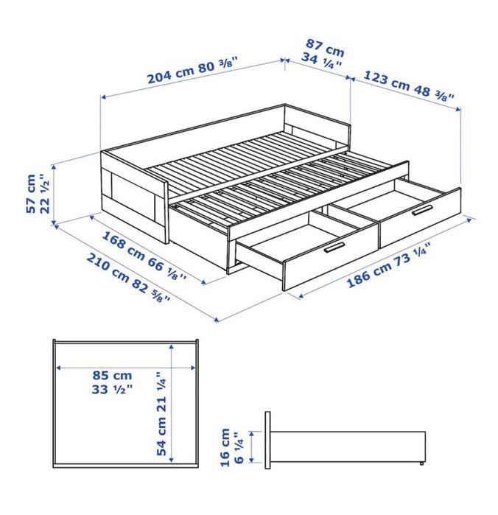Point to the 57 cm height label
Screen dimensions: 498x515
[32, 194]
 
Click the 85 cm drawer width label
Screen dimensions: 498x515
[112, 375]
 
